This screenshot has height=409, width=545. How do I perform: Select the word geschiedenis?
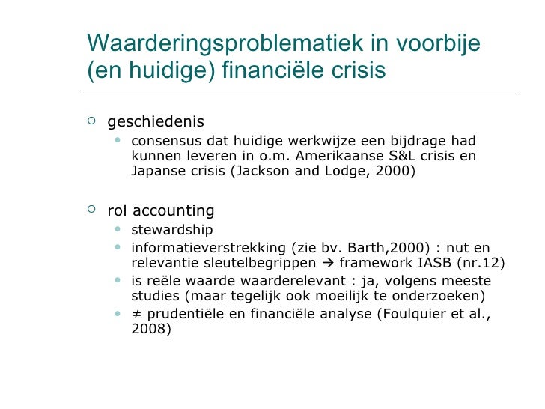click(156, 121)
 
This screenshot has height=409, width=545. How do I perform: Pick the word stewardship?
click(171, 230)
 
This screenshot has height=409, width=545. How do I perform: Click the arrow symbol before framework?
click(329, 263)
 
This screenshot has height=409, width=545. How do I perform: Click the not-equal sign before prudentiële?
click(136, 314)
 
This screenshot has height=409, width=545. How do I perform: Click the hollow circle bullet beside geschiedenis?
click(91, 121)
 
